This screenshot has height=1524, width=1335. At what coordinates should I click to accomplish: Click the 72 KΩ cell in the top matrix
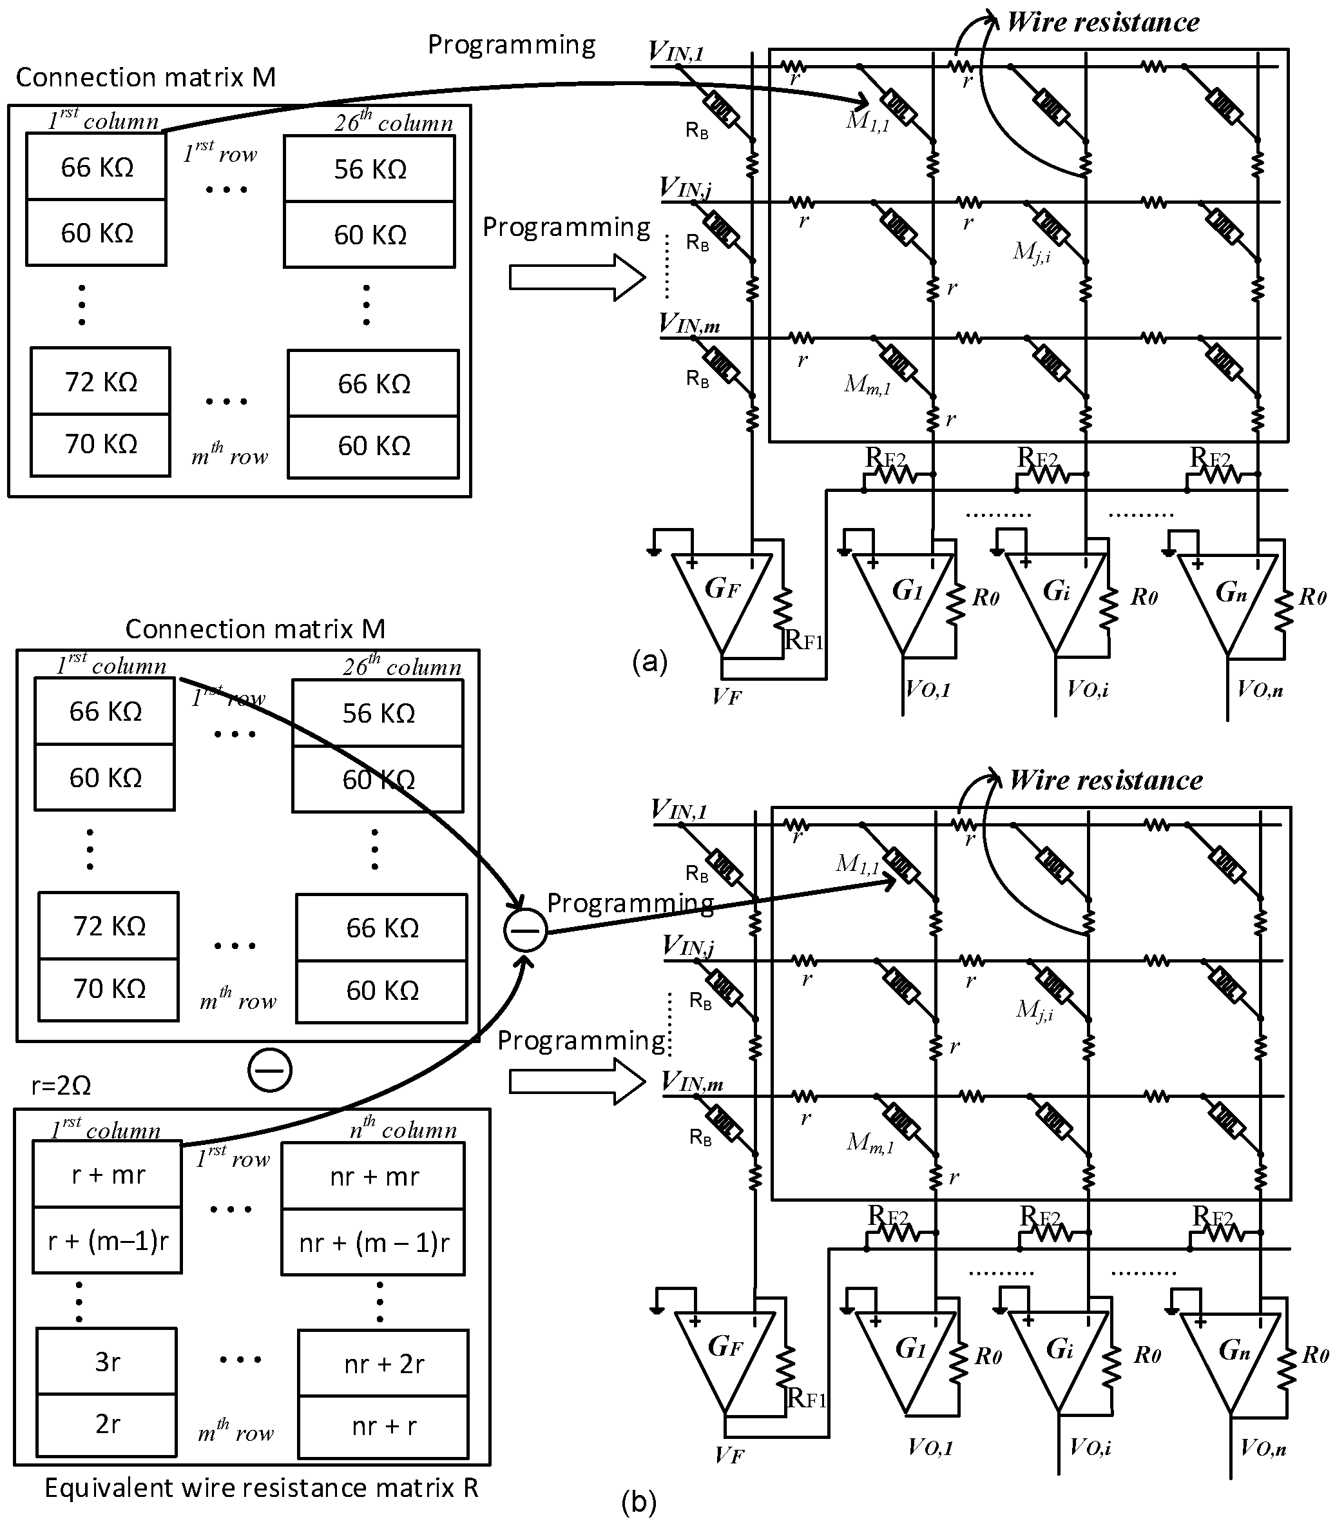coord(101,382)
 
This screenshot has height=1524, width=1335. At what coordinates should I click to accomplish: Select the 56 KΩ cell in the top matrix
coord(370,169)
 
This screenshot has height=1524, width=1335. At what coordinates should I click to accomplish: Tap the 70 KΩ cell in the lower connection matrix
coord(109,988)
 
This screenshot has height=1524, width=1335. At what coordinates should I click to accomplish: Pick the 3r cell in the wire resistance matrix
coord(106,1362)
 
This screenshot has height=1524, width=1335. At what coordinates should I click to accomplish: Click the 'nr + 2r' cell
coord(383,1363)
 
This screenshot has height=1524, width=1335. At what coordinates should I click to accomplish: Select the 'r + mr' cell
coord(107,1175)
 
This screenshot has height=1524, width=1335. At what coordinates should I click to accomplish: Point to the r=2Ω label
coord(61,1086)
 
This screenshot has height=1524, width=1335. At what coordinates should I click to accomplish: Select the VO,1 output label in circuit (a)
coord(928,689)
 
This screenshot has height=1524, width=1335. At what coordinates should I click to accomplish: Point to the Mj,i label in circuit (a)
coord(1032,251)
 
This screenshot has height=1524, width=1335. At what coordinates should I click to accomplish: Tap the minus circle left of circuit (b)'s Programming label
coord(525,931)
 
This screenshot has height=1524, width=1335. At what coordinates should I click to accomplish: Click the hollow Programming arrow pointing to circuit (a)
coord(577,277)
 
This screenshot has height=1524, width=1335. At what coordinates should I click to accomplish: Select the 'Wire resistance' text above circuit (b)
coord(1106,780)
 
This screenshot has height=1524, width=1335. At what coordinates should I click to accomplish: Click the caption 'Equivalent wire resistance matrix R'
coord(261,1489)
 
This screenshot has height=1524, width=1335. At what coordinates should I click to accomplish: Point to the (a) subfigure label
coord(649,661)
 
